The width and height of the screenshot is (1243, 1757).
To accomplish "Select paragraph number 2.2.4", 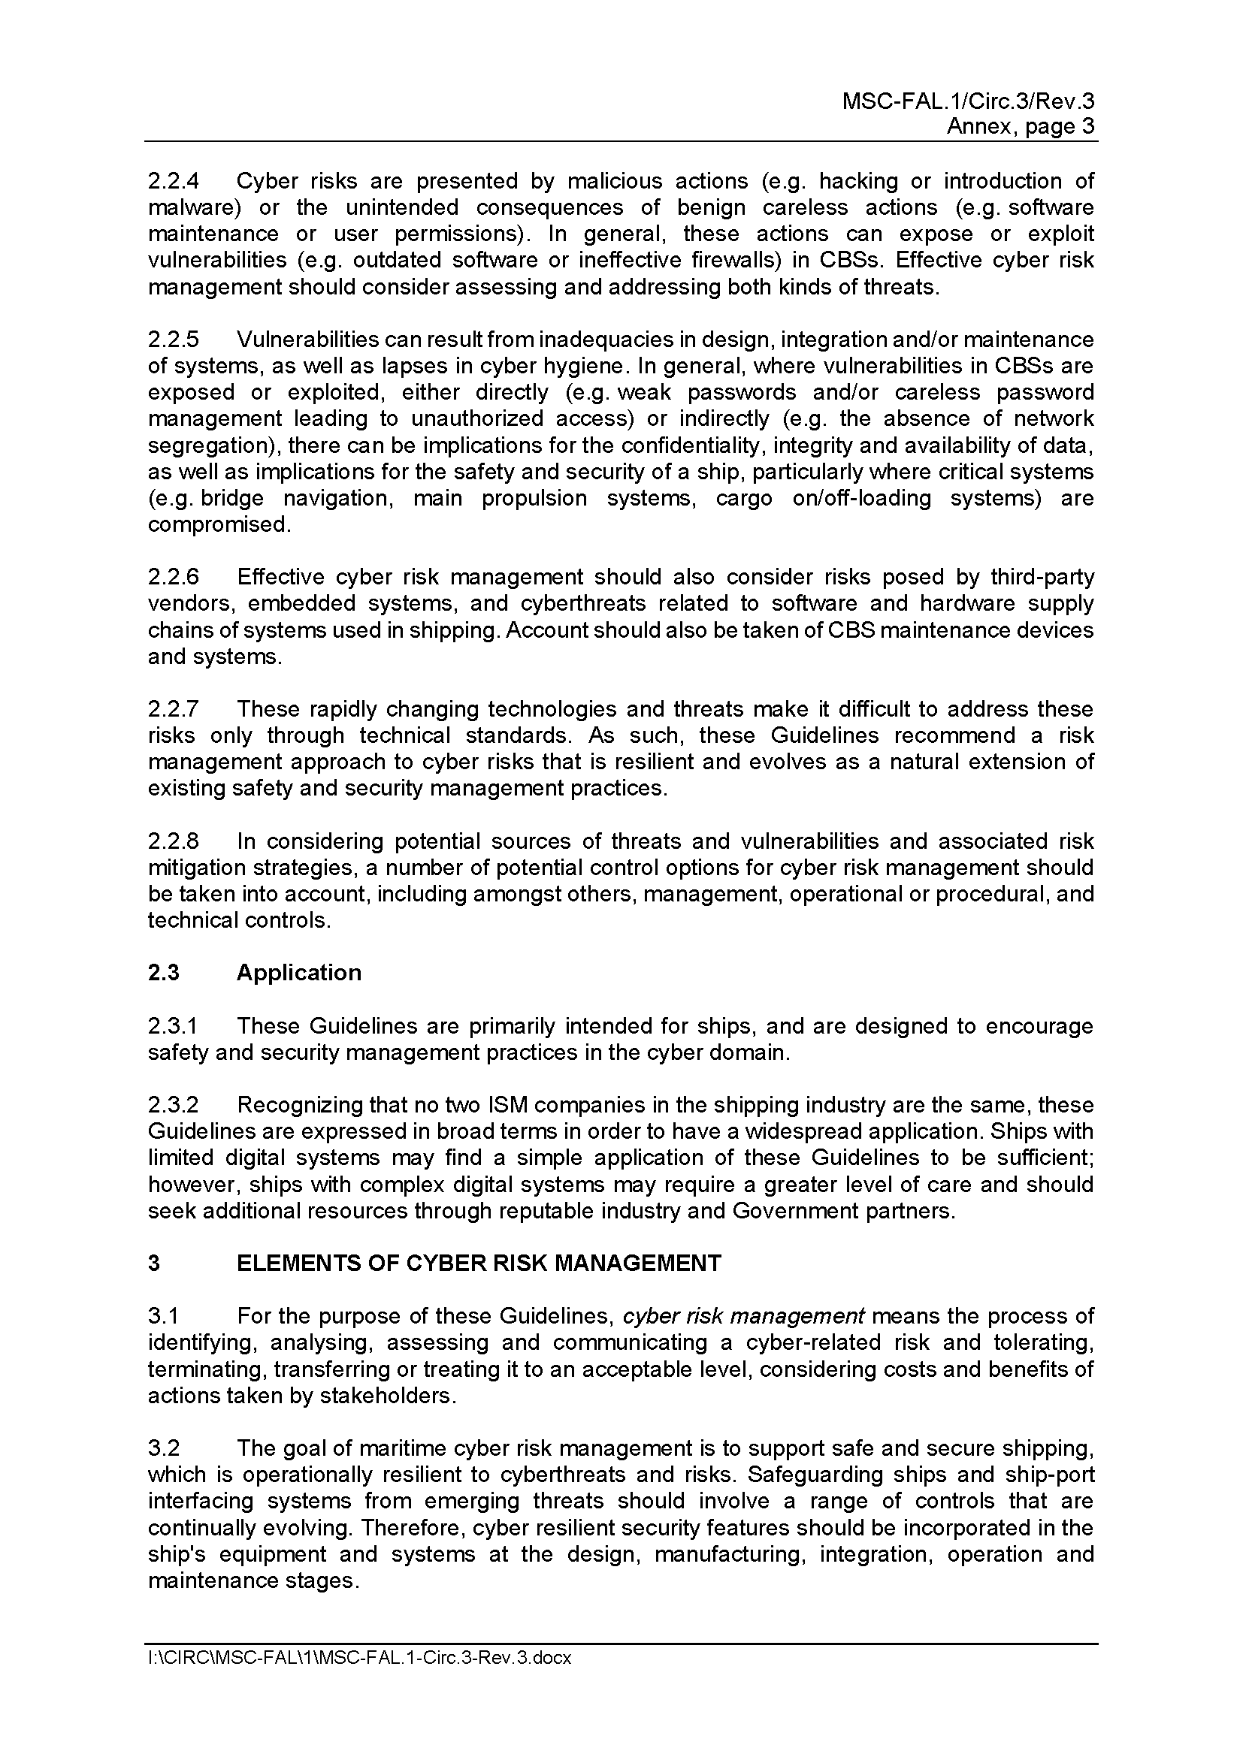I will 173,181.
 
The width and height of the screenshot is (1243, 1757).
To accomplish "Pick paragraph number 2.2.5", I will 173,339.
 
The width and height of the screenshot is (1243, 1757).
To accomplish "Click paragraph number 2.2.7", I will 173,708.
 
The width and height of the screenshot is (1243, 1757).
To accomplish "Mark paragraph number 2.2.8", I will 173,841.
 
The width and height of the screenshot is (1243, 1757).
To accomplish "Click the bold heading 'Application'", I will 298,973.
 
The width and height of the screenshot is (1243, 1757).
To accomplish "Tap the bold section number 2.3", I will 163,973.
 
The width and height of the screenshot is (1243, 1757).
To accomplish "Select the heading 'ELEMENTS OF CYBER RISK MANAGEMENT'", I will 479,1263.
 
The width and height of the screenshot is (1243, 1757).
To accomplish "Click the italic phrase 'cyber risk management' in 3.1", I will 743,1316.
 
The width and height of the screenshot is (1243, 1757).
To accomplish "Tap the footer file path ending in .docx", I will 360,1658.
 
